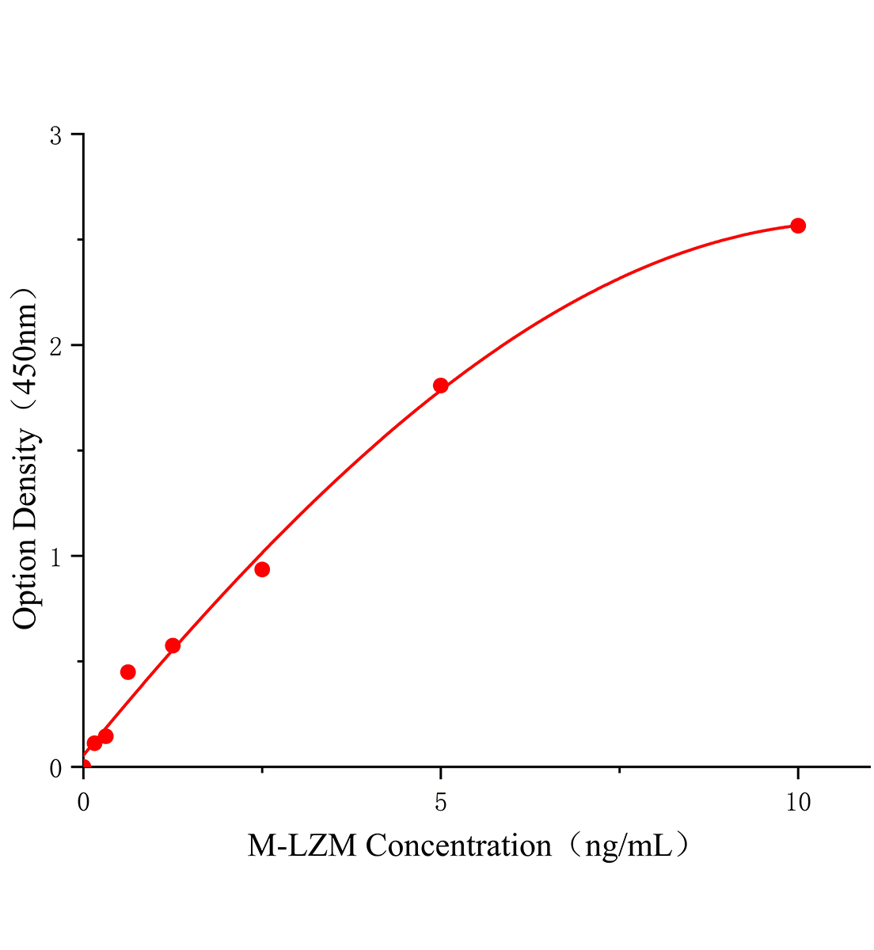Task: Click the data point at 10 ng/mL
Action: point(798,226)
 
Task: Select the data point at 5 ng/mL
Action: point(441,386)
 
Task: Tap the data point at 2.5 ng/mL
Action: point(262,569)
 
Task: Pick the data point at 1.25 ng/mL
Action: point(173,645)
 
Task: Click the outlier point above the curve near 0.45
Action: point(127,672)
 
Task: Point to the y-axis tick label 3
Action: point(55,136)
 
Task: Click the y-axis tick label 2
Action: point(55,346)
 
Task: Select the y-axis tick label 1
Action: point(55,557)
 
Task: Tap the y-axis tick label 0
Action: point(55,768)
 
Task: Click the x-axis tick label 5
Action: point(441,803)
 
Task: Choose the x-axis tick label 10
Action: point(798,803)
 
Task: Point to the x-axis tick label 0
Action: point(83,803)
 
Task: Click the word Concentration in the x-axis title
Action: point(459,846)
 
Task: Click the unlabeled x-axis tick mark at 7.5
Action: point(619,770)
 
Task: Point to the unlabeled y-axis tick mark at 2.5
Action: point(79,240)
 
